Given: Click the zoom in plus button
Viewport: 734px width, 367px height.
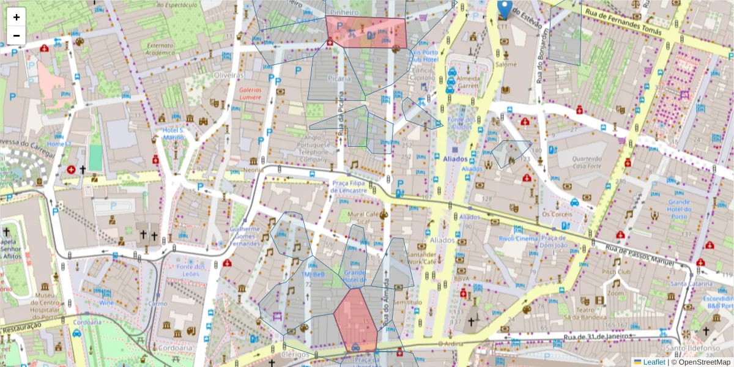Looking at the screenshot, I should click(16, 17).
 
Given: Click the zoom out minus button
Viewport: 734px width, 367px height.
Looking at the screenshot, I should click(16, 35).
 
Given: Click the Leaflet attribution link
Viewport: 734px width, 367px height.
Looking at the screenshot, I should click(653, 362).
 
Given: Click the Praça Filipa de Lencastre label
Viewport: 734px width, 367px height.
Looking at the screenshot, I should click(349, 187).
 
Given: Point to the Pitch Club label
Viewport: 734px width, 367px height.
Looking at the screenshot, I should click(616, 271).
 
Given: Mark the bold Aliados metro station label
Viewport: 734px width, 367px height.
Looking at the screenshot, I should click(456, 159).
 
